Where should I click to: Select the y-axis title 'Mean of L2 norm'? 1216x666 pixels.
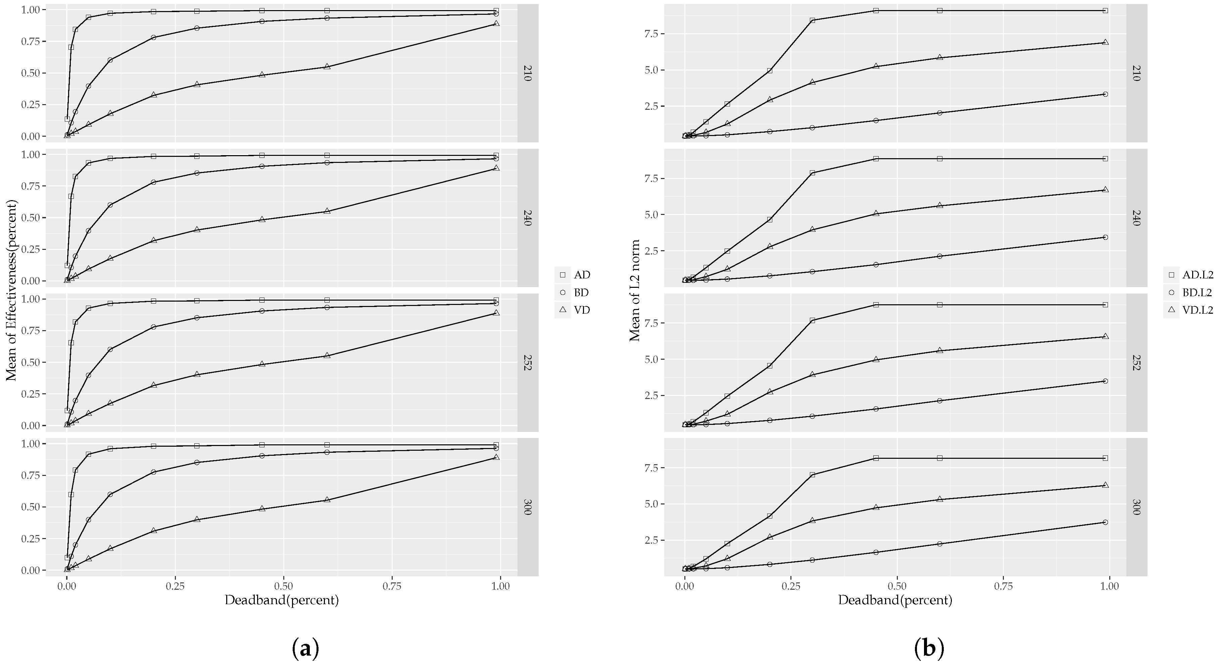click(635, 290)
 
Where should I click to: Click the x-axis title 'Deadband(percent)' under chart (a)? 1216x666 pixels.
click(282, 601)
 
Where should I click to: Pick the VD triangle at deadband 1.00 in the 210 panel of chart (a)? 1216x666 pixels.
click(496, 23)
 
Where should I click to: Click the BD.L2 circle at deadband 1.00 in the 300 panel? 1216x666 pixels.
click(1105, 522)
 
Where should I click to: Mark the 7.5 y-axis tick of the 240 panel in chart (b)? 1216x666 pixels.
click(654, 178)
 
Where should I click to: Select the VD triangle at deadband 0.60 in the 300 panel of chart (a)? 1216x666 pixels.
click(327, 499)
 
